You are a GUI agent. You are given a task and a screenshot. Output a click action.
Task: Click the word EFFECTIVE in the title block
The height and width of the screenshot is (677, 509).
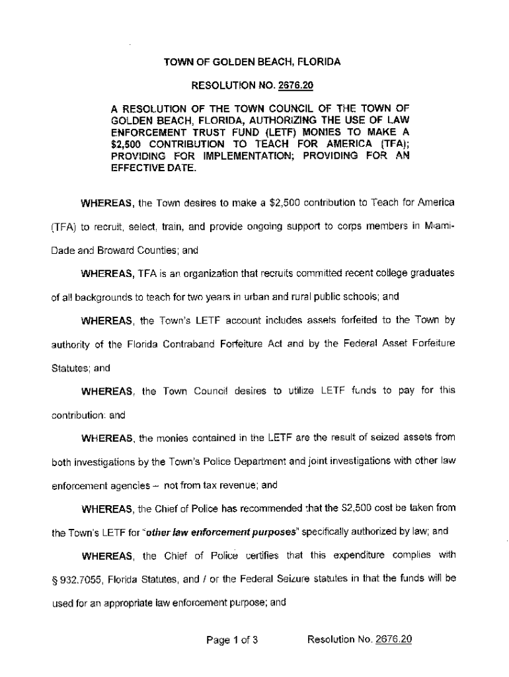pyautogui.click(x=136, y=168)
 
